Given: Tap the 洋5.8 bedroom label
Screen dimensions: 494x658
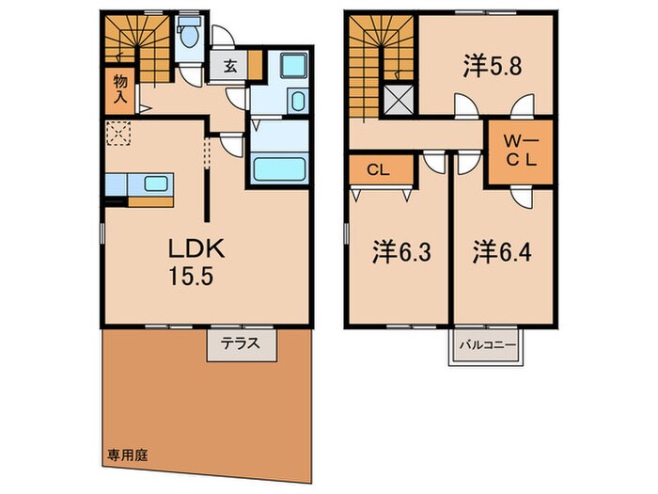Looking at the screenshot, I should click(486, 67).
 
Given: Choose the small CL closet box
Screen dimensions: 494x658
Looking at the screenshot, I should click(381, 171).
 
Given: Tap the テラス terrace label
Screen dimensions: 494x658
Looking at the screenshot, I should click(242, 343).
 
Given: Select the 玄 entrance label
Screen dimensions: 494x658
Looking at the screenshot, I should click(231, 67).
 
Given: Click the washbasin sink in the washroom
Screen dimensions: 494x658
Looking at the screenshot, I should click(299, 102).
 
